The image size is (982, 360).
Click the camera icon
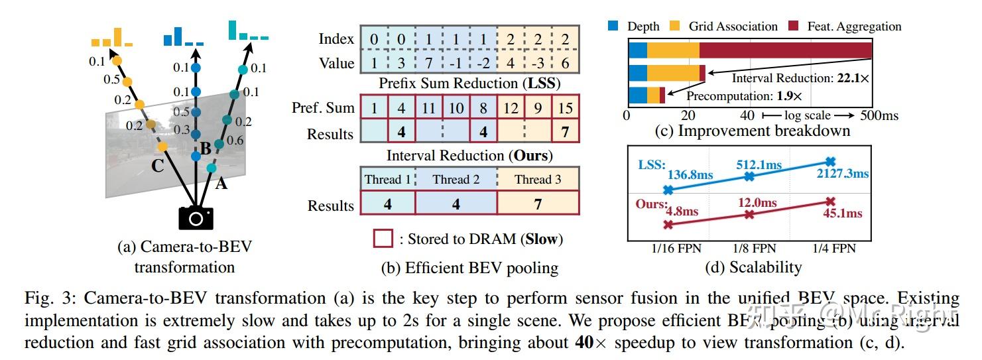[x=195, y=217]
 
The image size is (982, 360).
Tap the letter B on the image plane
[x=206, y=149]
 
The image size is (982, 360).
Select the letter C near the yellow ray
[x=157, y=166]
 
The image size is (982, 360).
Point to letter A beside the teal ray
[x=221, y=184]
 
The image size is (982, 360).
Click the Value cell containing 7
[x=428, y=64]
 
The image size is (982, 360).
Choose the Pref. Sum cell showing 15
[x=565, y=107]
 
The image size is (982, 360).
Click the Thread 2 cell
[x=456, y=179]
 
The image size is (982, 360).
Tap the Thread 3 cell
[x=538, y=179]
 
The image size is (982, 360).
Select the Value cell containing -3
[x=538, y=64]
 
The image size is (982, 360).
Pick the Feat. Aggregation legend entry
[x=845, y=27]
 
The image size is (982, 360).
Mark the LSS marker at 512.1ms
[x=749, y=176]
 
